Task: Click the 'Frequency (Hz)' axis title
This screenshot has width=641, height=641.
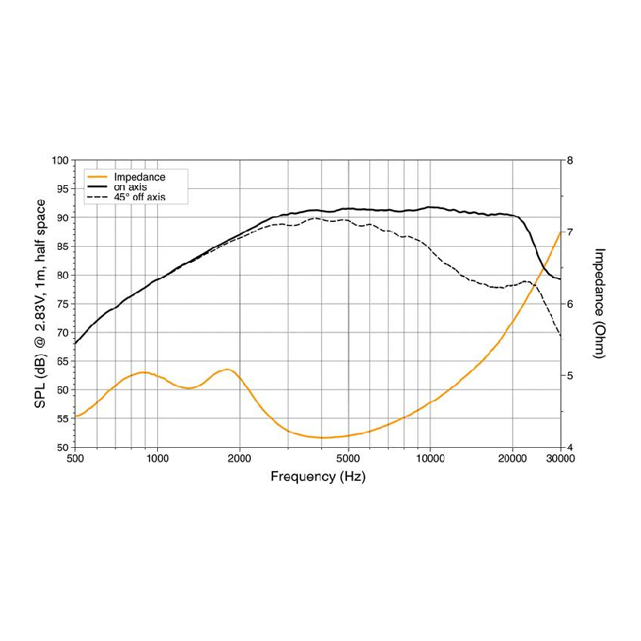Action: pos(318,476)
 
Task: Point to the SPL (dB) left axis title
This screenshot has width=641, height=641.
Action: pos(40,303)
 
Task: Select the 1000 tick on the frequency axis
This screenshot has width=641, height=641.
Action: pos(158,458)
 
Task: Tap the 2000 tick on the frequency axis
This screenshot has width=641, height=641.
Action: pos(240,458)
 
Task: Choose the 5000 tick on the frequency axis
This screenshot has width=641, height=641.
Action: pos(348,458)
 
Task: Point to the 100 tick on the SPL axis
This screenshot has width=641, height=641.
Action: pos(59,160)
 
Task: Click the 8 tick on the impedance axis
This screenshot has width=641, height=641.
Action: pos(570,160)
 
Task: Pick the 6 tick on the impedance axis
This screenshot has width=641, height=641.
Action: pos(570,304)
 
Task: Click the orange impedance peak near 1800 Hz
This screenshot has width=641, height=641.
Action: pos(228,369)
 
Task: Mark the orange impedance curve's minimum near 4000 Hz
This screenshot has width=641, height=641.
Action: pos(325,437)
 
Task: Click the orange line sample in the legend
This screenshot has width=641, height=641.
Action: pos(97,176)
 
